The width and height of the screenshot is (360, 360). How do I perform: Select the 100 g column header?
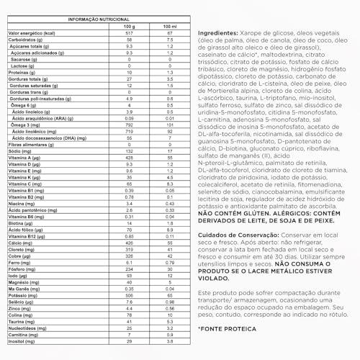[x=129, y=27]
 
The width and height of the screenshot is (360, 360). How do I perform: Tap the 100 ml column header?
[x=167, y=27]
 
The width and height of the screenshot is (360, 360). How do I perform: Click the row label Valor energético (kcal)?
[x=32, y=33]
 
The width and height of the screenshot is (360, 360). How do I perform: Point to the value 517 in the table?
[x=129, y=33]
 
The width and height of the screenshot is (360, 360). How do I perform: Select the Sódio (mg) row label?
[x=20, y=151]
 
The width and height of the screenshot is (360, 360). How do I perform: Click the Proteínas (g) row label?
[x=23, y=72]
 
